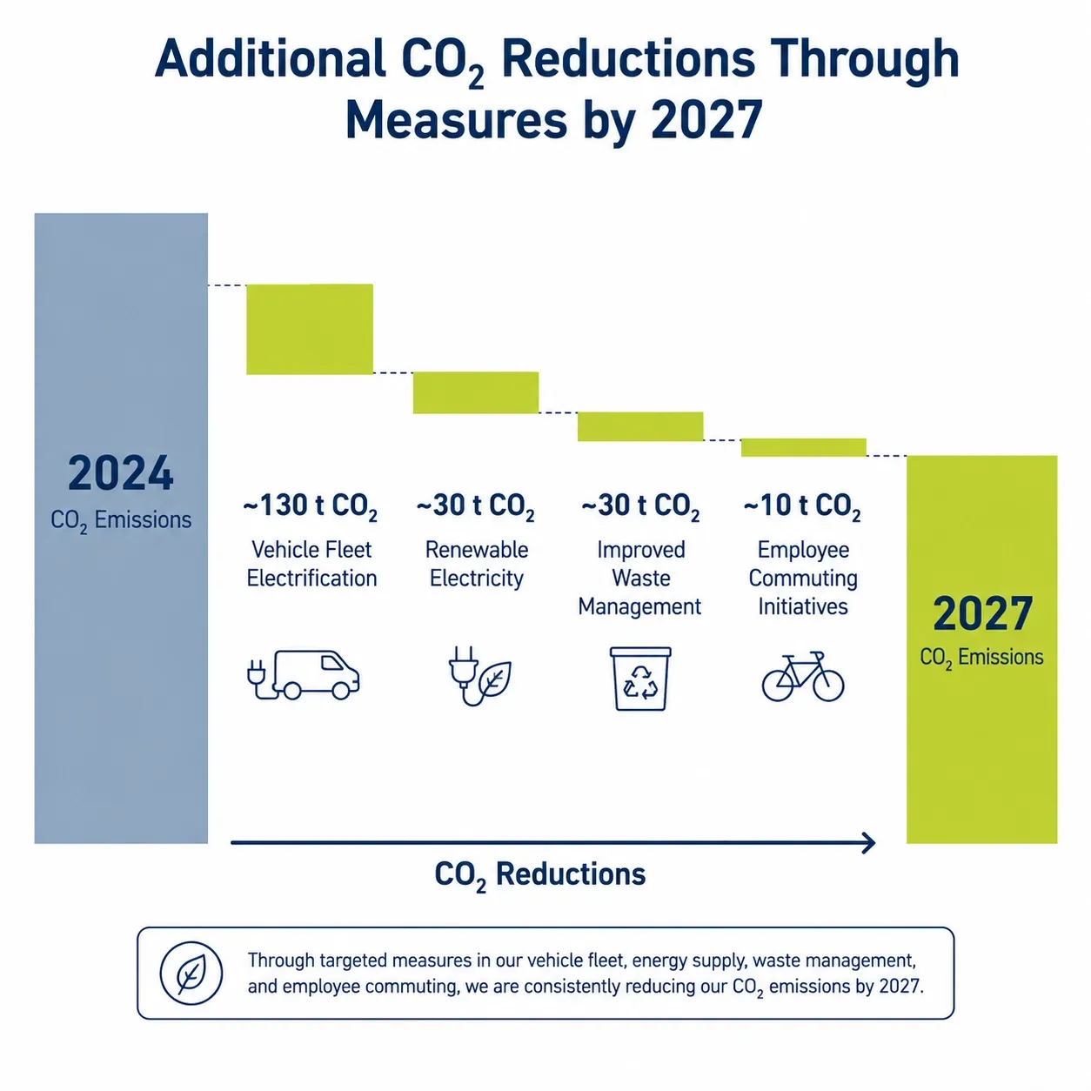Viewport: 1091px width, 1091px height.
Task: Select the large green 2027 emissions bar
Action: point(981,649)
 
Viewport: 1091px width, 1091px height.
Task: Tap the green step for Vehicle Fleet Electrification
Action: point(310,329)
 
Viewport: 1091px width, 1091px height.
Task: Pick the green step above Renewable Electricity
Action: point(476,392)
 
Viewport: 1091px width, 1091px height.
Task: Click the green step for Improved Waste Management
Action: point(640,426)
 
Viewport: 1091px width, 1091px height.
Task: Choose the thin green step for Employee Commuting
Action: point(803,447)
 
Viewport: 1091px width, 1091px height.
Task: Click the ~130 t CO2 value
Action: point(311,506)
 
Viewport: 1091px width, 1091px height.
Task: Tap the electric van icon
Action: point(304,675)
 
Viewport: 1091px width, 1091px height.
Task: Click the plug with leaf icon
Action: point(480,676)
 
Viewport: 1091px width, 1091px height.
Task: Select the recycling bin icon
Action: point(640,679)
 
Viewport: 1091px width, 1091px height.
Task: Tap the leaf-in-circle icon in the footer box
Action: point(191,973)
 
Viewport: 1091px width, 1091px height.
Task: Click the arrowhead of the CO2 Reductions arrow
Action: point(869,843)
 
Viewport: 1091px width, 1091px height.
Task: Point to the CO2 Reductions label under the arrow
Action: point(539,874)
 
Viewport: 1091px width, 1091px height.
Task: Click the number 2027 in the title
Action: point(706,120)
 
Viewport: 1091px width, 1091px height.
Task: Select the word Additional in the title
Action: point(271,59)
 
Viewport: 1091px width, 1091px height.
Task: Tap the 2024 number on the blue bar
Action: point(121,473)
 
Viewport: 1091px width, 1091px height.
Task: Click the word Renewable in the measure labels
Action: point(477,550)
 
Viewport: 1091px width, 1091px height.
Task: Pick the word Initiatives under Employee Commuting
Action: point(803,606)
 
